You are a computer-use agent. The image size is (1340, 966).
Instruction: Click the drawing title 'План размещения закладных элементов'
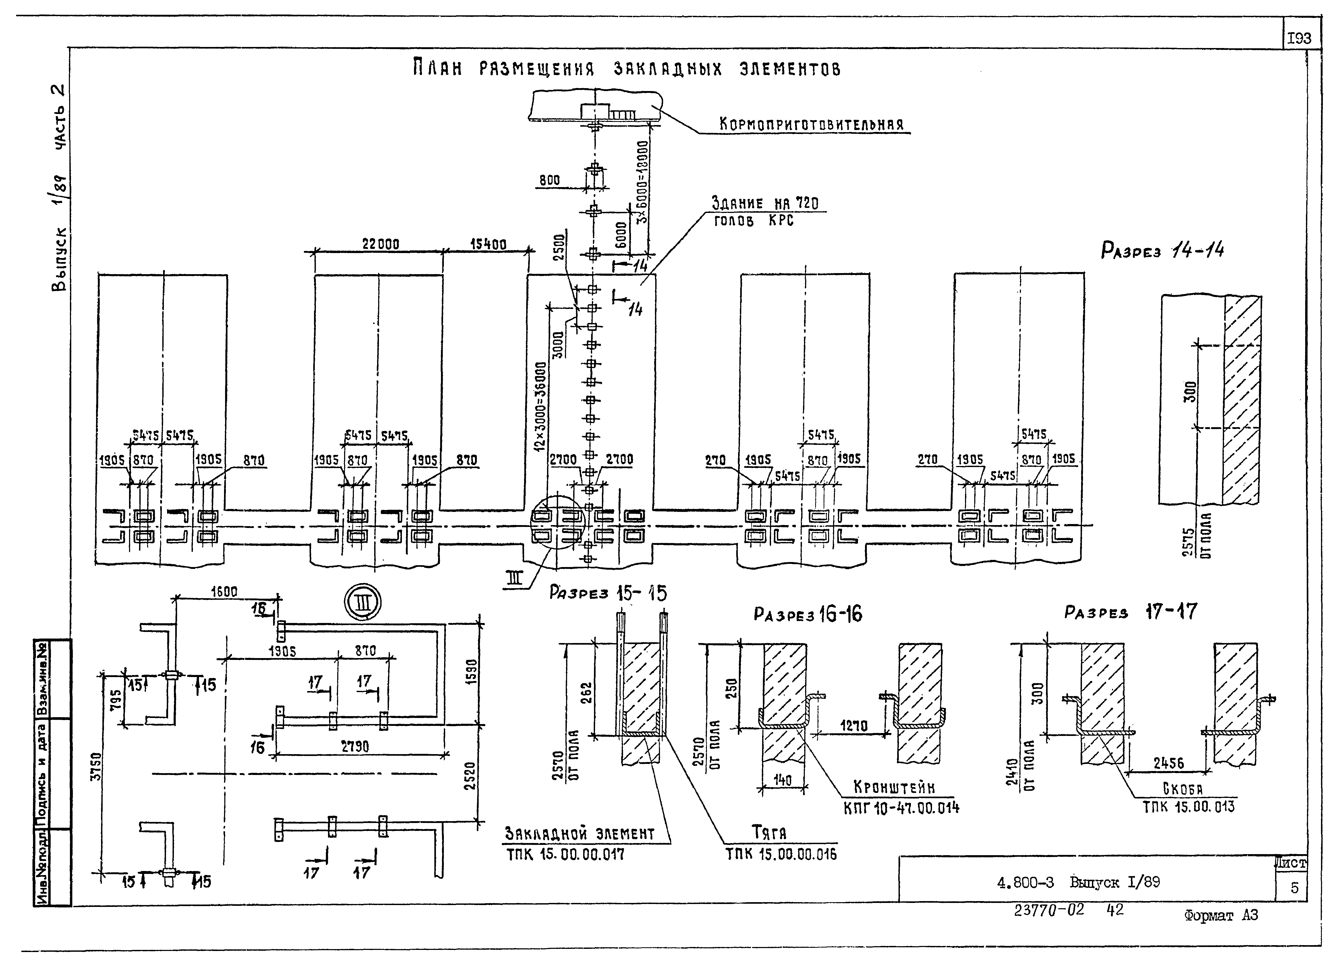click(x=626, y=69)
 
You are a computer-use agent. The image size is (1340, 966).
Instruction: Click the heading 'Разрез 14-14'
click(x=1162, y=250)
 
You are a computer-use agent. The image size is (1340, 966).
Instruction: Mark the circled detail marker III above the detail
click(x=363, y=602)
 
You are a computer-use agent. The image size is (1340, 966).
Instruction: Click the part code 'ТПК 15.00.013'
click(x=1188, y=806)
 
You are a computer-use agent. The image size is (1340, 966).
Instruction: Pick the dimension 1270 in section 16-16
click(x=853, y=726)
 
